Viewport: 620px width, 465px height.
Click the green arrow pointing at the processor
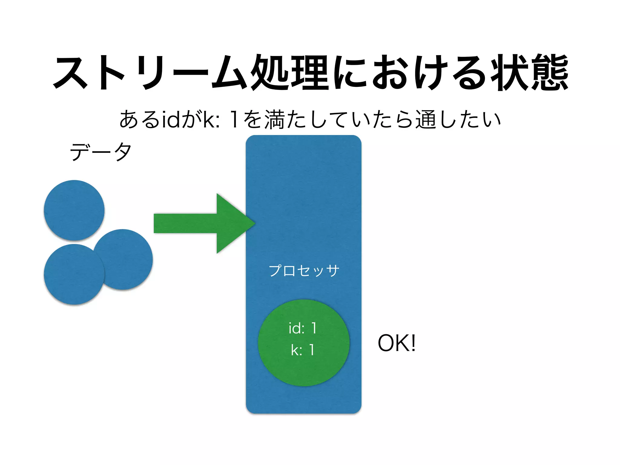200,223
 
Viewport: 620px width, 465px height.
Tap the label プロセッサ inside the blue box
304,270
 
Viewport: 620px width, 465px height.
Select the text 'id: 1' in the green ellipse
303,328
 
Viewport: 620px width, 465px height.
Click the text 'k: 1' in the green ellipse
303,350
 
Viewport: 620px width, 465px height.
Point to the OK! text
397,343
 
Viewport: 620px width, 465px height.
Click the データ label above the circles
101,152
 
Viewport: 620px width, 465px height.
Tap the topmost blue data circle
74,210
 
